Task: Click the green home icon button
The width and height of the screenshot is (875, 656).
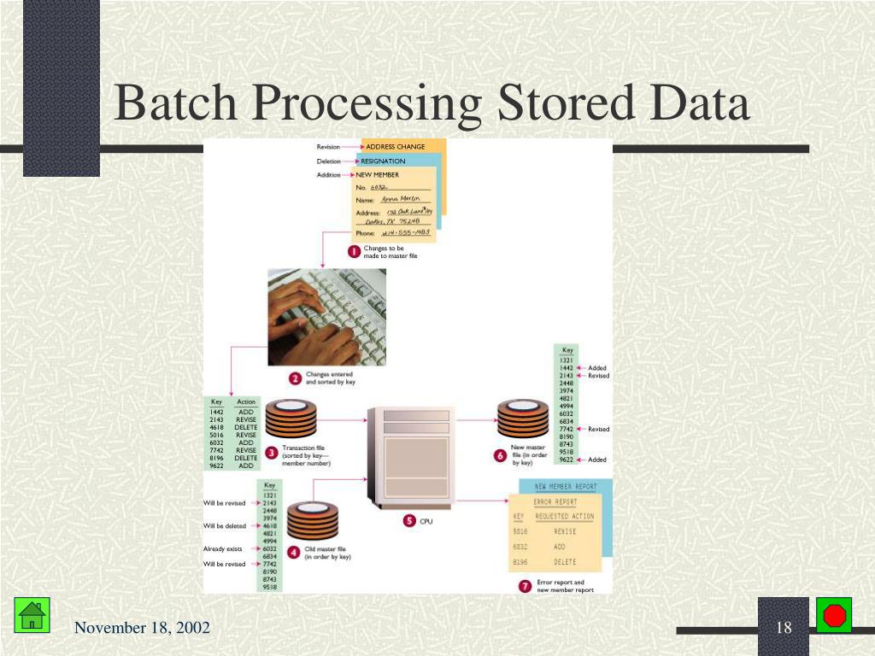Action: [32, 615]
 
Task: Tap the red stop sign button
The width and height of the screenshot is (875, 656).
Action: [833, 615]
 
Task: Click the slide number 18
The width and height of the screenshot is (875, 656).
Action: [784, 629]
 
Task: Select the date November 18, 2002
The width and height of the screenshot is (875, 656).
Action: [142, 629]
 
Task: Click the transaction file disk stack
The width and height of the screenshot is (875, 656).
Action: [290, 420]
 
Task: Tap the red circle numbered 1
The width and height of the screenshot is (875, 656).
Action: [354, 252]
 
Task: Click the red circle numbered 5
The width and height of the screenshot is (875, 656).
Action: [408, 520]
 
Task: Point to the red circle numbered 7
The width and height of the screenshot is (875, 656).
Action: [525, 586]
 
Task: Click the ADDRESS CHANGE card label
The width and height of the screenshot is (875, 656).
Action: [395, 147]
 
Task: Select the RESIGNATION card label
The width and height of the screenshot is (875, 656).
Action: [383, 161]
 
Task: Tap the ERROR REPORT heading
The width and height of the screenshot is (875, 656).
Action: [555, 501]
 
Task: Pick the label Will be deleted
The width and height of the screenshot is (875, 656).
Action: [224, 525]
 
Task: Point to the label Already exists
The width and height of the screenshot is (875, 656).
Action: [223, 548]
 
